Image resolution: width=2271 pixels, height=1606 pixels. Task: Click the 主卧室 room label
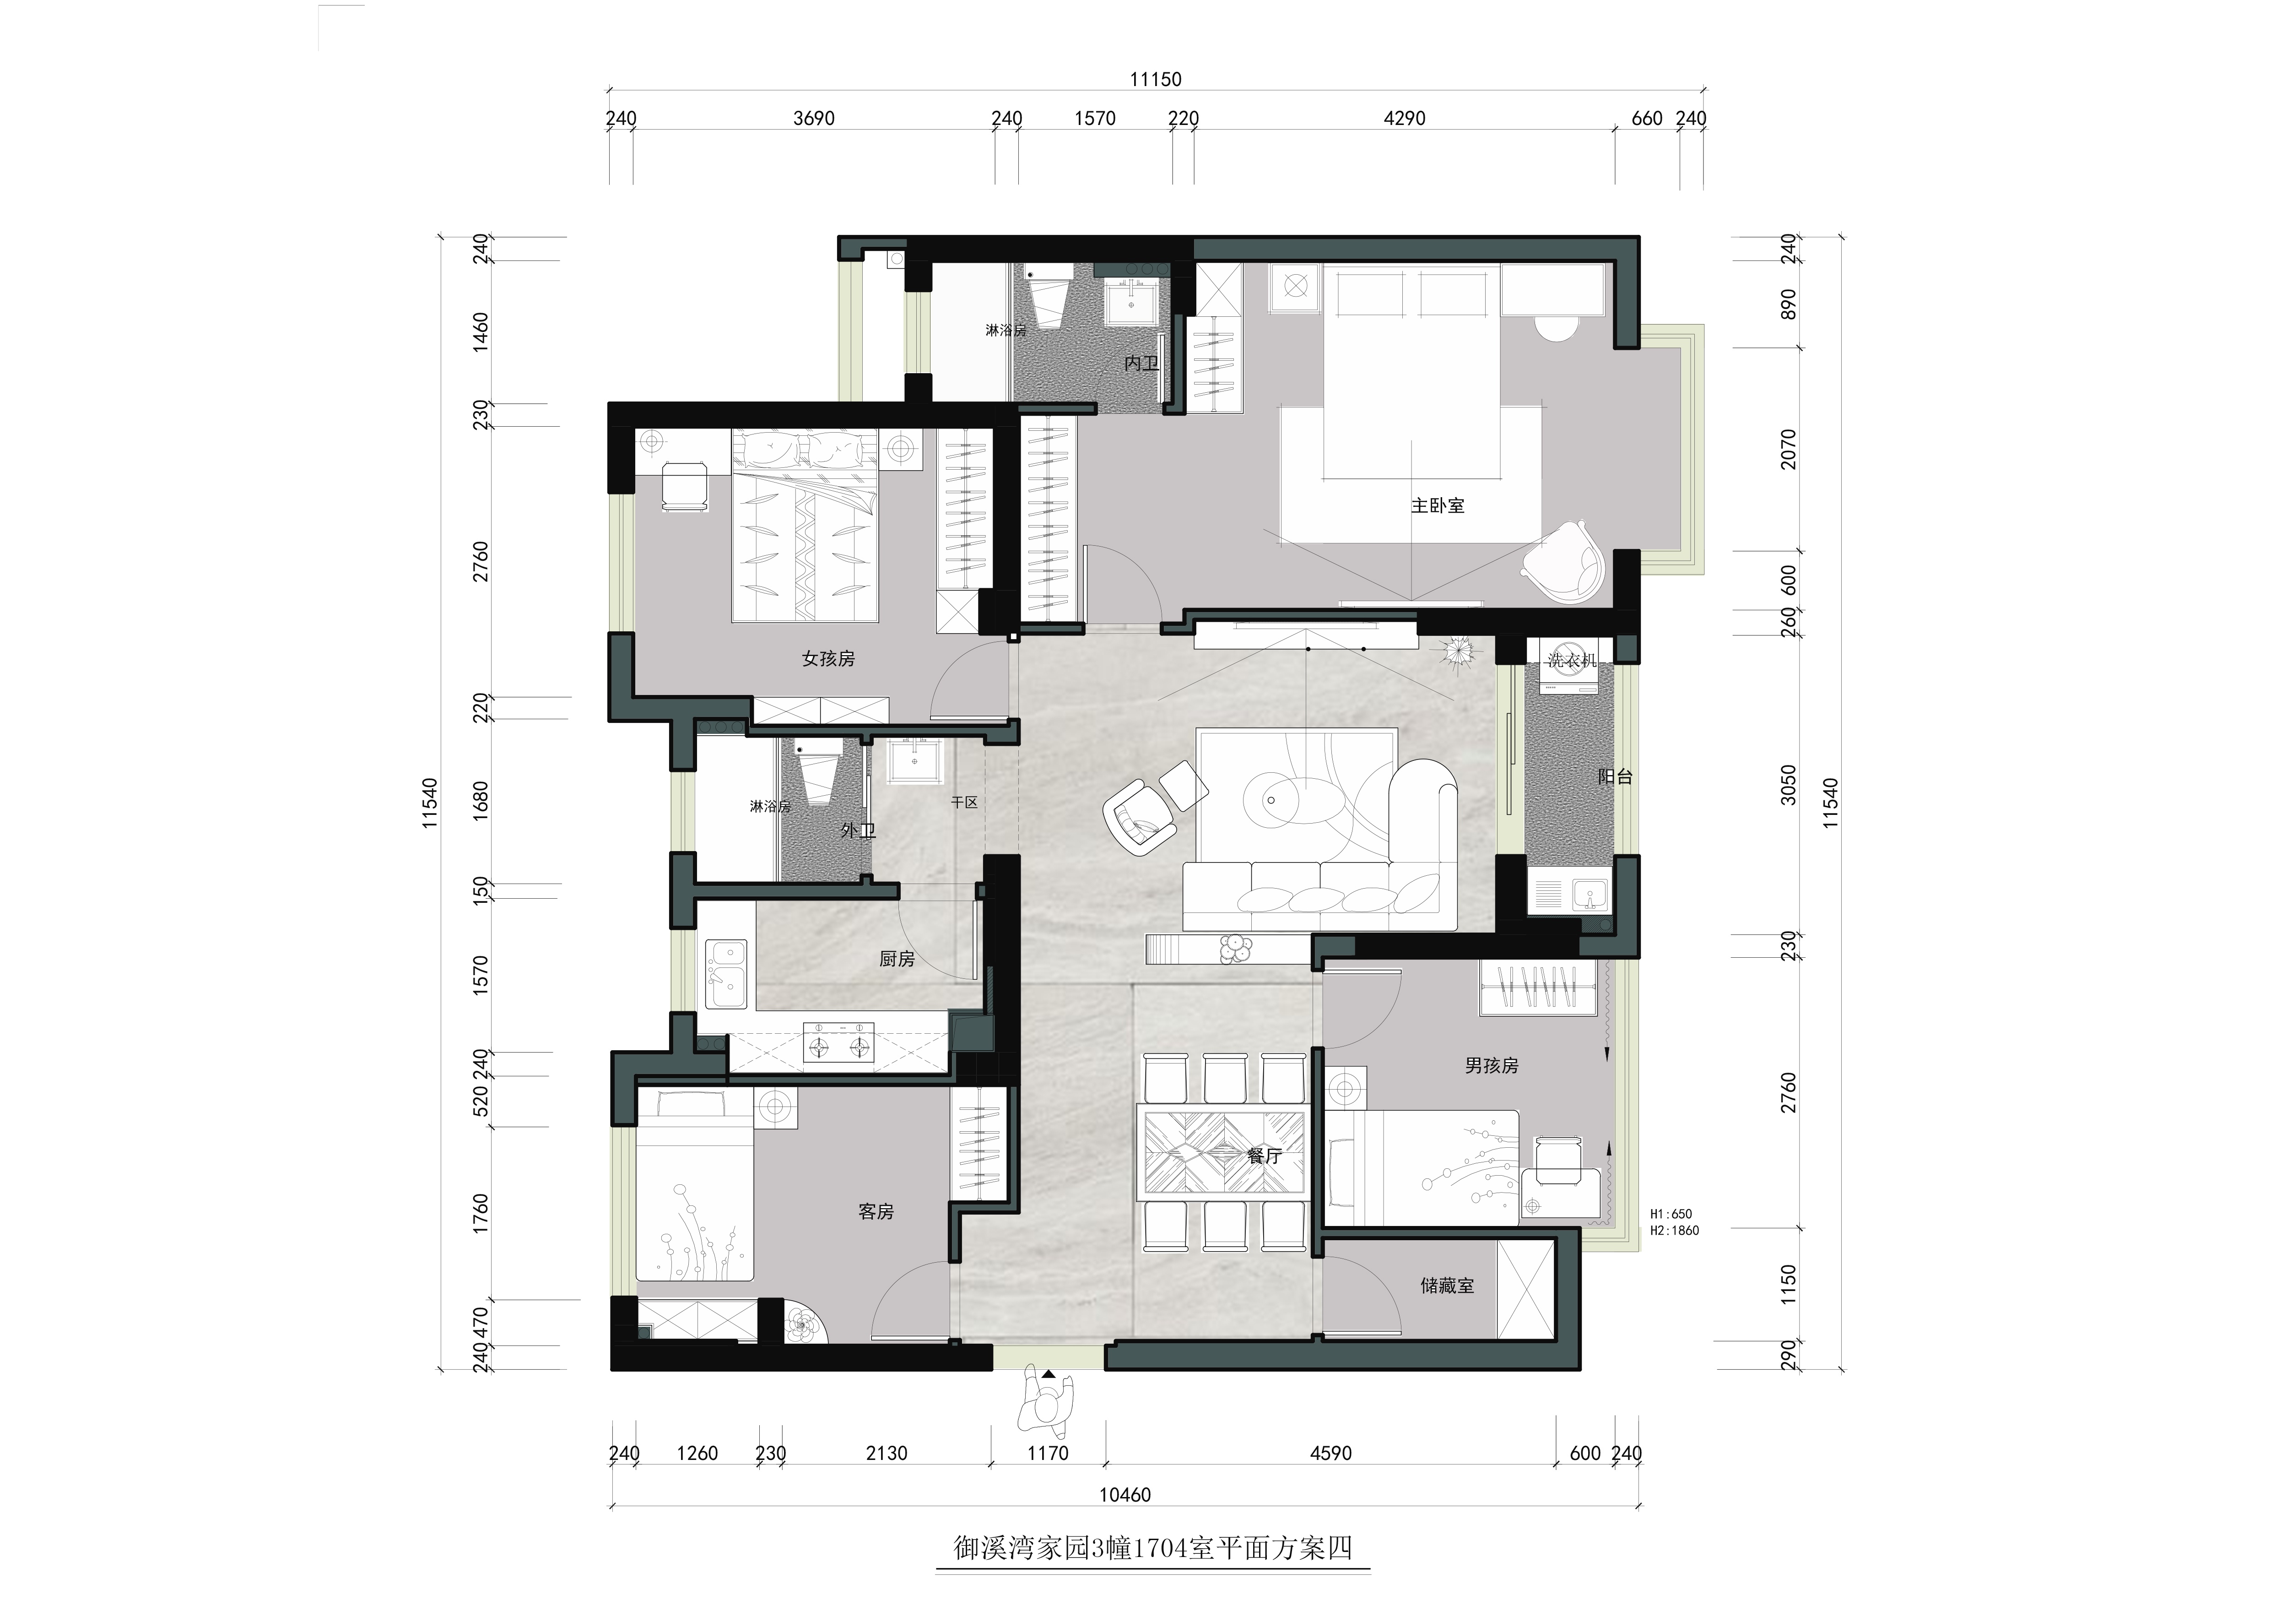[1437, 505]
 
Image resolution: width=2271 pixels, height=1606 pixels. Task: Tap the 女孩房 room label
[828, 658]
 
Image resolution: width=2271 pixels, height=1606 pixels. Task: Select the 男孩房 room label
[1492, 1066]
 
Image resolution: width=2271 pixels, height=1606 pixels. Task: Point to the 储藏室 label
[1447, 1286]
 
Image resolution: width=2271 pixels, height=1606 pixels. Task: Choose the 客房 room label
[876, 1211]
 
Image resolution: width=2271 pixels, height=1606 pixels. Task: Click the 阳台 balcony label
[1615, 777]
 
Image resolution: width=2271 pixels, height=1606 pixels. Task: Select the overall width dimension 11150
[1155, 79]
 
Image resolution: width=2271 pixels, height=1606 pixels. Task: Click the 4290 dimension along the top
[1405, 119]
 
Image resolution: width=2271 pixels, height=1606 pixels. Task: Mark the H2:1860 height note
[1675, 1231]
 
